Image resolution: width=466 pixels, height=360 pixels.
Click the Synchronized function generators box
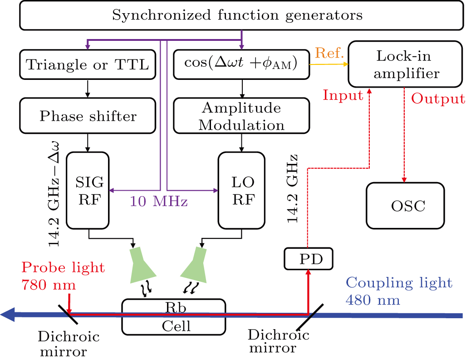click(237, 15)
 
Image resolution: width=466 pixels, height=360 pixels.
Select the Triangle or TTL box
click(87, 65)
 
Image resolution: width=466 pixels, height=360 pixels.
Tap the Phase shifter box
click(87, 116)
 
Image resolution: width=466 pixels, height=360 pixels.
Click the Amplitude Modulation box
click(241, 116)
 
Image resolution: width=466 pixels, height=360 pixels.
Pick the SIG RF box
click(88, 190)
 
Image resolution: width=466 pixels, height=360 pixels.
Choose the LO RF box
click(241, 190)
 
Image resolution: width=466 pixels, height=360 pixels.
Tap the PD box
click(308, 259)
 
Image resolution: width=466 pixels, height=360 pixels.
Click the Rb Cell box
click(174, 316)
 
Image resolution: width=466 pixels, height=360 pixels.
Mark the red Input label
click(343, 95)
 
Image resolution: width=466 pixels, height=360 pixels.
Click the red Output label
click(437, 99)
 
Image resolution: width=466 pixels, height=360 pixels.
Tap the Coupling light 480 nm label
click(398, 291)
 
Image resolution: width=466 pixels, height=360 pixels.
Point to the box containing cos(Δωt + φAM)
click(241, 65)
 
